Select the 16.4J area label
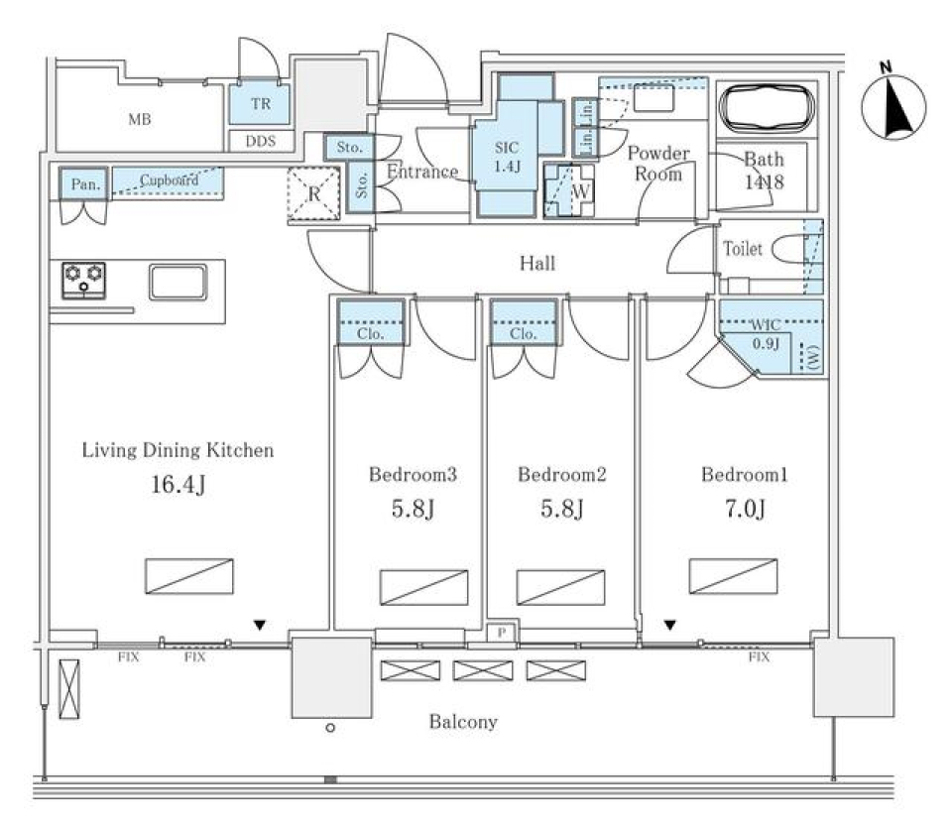(178, 486)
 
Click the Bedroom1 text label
(744, 475)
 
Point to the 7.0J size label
(744, 510)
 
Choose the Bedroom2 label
(561, 475)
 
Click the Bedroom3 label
(413, 475)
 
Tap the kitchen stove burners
(84, 280)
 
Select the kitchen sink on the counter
(178, 282)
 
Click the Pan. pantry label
(81, 183)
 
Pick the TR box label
(260, 104)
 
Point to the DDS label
(260, 142)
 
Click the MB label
(140, 121)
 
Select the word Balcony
(463, 722)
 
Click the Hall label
(537, 264)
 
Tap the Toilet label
(744, 249)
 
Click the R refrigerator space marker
(313, 193)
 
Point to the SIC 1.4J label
(507, 156)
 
